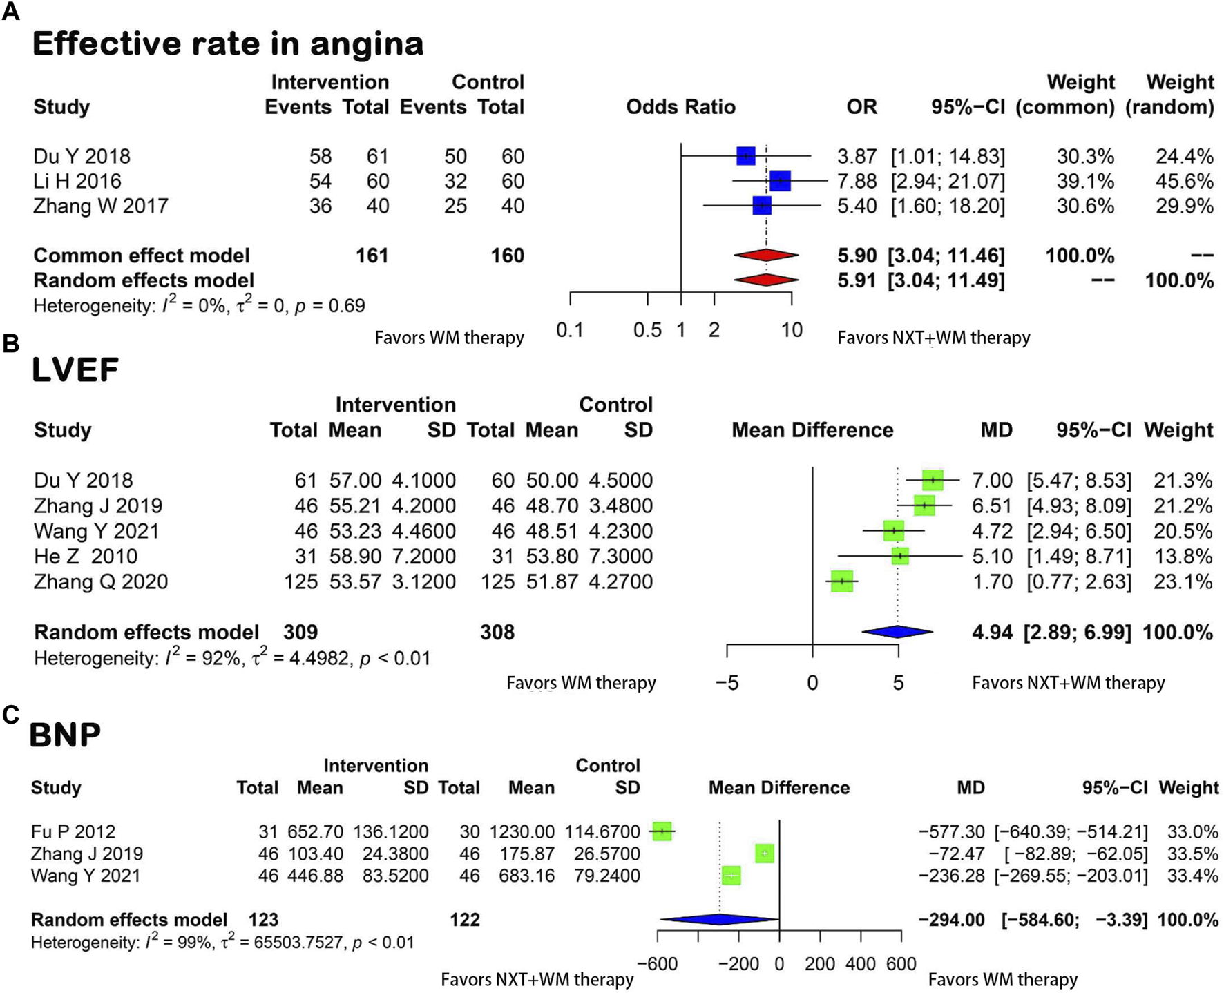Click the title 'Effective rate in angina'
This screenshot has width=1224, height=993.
227,44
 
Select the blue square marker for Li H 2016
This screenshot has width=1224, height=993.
779,181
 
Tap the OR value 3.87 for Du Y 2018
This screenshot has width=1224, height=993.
857,156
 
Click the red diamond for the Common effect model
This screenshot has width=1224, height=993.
765,256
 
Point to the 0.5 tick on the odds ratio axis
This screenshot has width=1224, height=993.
647,330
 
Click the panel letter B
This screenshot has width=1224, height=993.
10,343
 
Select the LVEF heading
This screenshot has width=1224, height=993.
75,369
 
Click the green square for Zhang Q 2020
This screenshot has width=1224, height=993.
841,581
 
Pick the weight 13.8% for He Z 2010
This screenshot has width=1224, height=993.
1183,556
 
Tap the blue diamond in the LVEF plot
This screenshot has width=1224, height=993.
897,632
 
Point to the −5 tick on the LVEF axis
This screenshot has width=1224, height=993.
727,683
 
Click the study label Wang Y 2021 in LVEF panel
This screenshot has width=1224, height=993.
96,531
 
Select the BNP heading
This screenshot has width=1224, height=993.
65,734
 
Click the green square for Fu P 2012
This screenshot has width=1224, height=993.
662,831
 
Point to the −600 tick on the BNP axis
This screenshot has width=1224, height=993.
657,963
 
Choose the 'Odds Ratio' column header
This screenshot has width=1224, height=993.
680,107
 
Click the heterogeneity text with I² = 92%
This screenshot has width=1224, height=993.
231,658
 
